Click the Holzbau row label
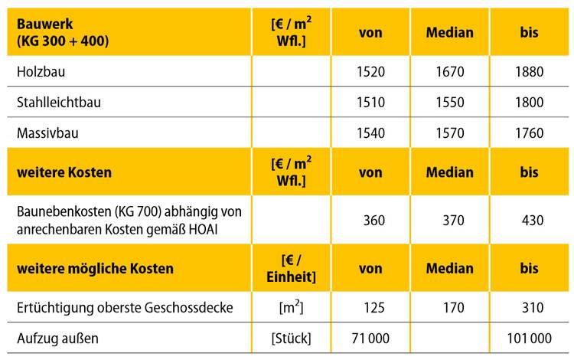tap(40, 73)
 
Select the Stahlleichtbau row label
tap(58, 102)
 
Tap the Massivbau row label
tap(47, 132)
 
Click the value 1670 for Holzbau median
tap(450, 73)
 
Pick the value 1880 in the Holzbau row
tap(529, 73)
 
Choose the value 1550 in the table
tap(450, 102)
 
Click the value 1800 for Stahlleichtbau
tap(529, 102)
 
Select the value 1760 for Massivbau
tap(529, 132)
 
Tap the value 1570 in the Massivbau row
tap(450, 132)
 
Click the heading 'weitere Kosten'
tap(64, 172)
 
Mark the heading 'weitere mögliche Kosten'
tap(95, 269)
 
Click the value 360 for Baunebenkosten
tap(373, 221)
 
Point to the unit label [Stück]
tap(294, 338)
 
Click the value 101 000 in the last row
tap(527, 338)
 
